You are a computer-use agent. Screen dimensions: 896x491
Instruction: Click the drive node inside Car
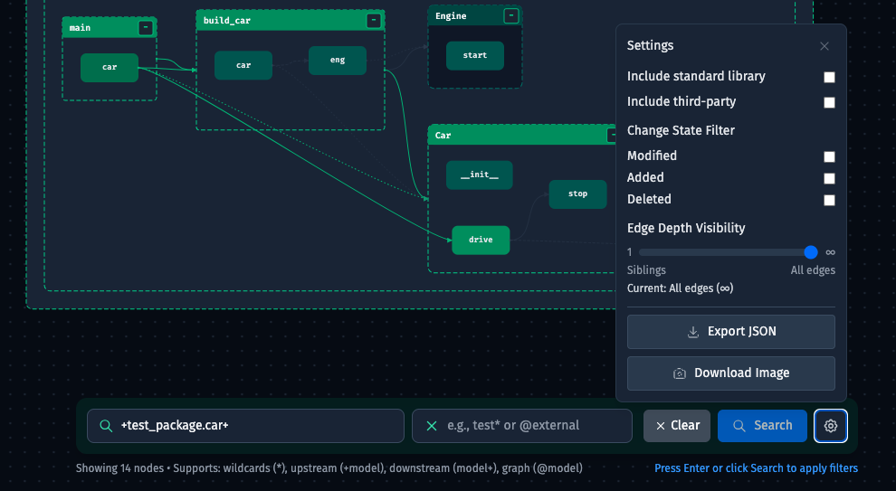point(481,240)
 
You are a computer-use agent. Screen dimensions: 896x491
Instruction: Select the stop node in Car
point(577,194)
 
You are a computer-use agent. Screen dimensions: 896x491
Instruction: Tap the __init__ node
point(480,175)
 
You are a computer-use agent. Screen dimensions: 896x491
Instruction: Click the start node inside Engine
point(475,55)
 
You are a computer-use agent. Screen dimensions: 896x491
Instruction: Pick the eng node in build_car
point(338,60)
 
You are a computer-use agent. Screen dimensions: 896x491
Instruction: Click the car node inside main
point(110,68)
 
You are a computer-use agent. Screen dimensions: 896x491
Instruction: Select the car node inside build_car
point(243,66)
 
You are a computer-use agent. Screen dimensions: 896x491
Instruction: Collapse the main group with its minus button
point(146,27)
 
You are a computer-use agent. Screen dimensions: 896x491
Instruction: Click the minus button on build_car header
point(374,21)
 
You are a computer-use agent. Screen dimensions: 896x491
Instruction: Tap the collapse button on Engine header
point(511,16)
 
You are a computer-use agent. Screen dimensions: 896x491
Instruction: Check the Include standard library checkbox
point(829,77)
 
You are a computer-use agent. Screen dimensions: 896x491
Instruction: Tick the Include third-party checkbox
point(829,102)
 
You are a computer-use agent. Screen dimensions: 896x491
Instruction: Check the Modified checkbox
point(829,156)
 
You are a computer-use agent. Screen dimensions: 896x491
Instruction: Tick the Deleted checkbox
point(829,200)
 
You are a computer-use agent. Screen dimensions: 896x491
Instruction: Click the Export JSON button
point(731,332)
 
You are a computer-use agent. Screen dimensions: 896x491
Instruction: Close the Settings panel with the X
point(824,46)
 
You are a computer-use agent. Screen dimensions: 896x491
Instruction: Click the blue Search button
point(762,426)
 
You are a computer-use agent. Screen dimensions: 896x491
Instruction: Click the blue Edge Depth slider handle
point(810,252)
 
